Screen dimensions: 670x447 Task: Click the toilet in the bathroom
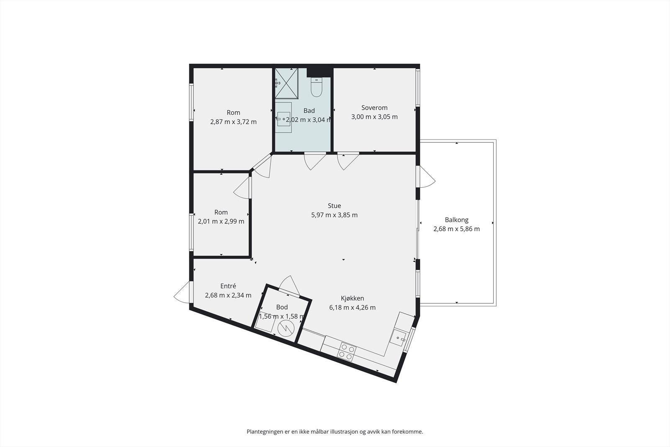pos(316,87)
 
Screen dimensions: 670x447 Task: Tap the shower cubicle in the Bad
pos(286,83)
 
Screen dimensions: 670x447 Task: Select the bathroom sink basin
pos(283,119)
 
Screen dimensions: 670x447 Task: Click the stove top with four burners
pos(347,352)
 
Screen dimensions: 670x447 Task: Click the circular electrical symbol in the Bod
pos(286,328)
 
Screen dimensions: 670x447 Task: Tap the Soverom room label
pos(374,108)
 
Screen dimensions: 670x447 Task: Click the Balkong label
pos(456,220)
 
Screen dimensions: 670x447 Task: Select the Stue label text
pos(335,206)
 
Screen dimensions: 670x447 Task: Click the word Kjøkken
pos(352,298)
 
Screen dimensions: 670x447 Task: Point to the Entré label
pos(228,286)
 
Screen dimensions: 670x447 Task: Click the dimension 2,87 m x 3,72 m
pos(233,122)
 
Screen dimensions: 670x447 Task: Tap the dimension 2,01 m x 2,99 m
pos(221,222)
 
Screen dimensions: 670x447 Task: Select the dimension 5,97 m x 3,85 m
pos(335,215)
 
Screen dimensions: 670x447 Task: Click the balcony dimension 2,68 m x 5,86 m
pos(456,229)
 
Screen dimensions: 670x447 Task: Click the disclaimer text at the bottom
pos(335,432)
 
